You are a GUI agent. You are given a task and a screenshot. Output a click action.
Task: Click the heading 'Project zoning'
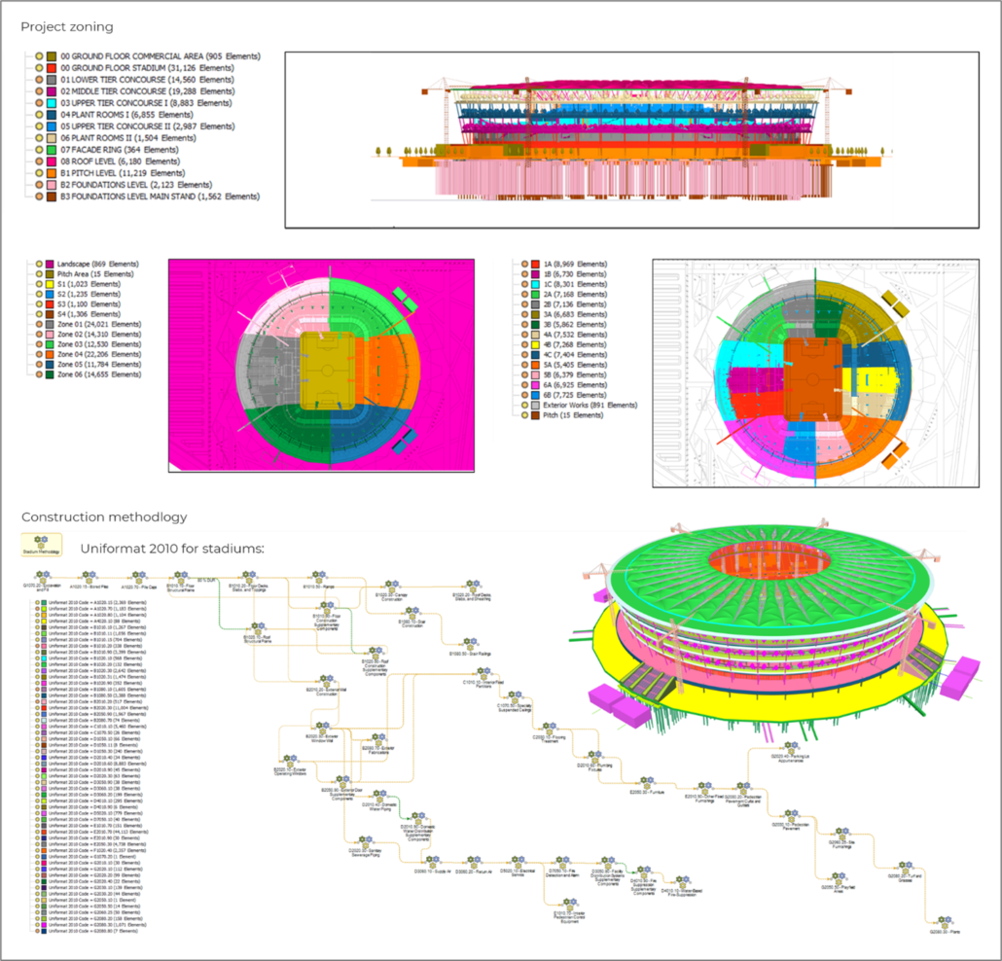(67, 26)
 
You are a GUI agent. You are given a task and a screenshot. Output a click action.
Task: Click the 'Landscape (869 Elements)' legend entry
(97, 265)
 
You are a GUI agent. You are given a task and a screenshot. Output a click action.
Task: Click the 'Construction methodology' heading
(104, 517)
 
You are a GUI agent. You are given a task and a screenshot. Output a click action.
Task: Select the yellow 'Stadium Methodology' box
(42, 547)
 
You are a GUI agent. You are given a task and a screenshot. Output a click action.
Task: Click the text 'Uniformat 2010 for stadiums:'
(171, 550)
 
